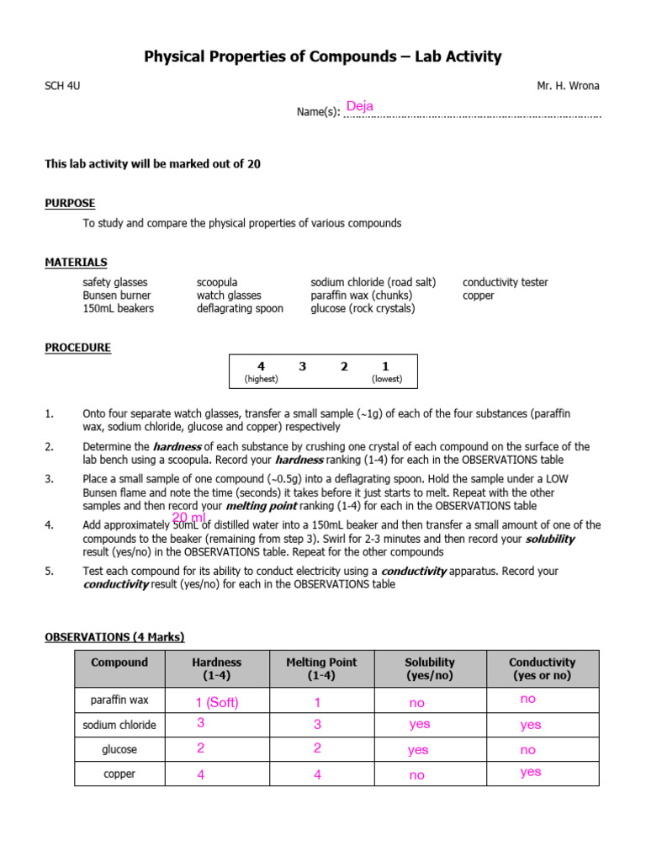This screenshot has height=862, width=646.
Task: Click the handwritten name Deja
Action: pos(359,106)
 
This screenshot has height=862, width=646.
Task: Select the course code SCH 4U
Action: pos(63,86)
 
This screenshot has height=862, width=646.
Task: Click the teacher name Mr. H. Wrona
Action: pos(569,86)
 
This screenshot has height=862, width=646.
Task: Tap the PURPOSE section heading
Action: pos(70,203)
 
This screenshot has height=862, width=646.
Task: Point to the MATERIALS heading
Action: pos(76,263)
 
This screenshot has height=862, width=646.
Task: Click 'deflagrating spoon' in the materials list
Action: pos(240,309)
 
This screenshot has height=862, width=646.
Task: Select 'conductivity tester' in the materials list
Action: pos(505,283)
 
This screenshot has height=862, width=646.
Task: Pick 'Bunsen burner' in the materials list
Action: pos(117,295)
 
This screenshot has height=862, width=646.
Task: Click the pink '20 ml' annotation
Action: pos(189,516)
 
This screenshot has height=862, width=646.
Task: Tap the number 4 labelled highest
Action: pos(261,366)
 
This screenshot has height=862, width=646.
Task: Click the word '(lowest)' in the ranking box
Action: pos(387,379)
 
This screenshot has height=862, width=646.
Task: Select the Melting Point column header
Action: pos(317,668)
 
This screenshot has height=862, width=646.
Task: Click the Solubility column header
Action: pos(429,668)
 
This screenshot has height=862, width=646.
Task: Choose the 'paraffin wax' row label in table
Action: pos(119,700)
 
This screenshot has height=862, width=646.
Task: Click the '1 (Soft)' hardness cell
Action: pos(216,703)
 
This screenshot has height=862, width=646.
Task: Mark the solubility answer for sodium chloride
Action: pos(419,724)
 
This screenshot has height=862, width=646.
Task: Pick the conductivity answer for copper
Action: pos(531,772)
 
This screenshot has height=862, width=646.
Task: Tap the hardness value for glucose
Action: pos(201,748)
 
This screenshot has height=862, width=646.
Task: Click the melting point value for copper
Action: pos(317,775)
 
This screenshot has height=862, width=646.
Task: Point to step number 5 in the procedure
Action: pos(49,571)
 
